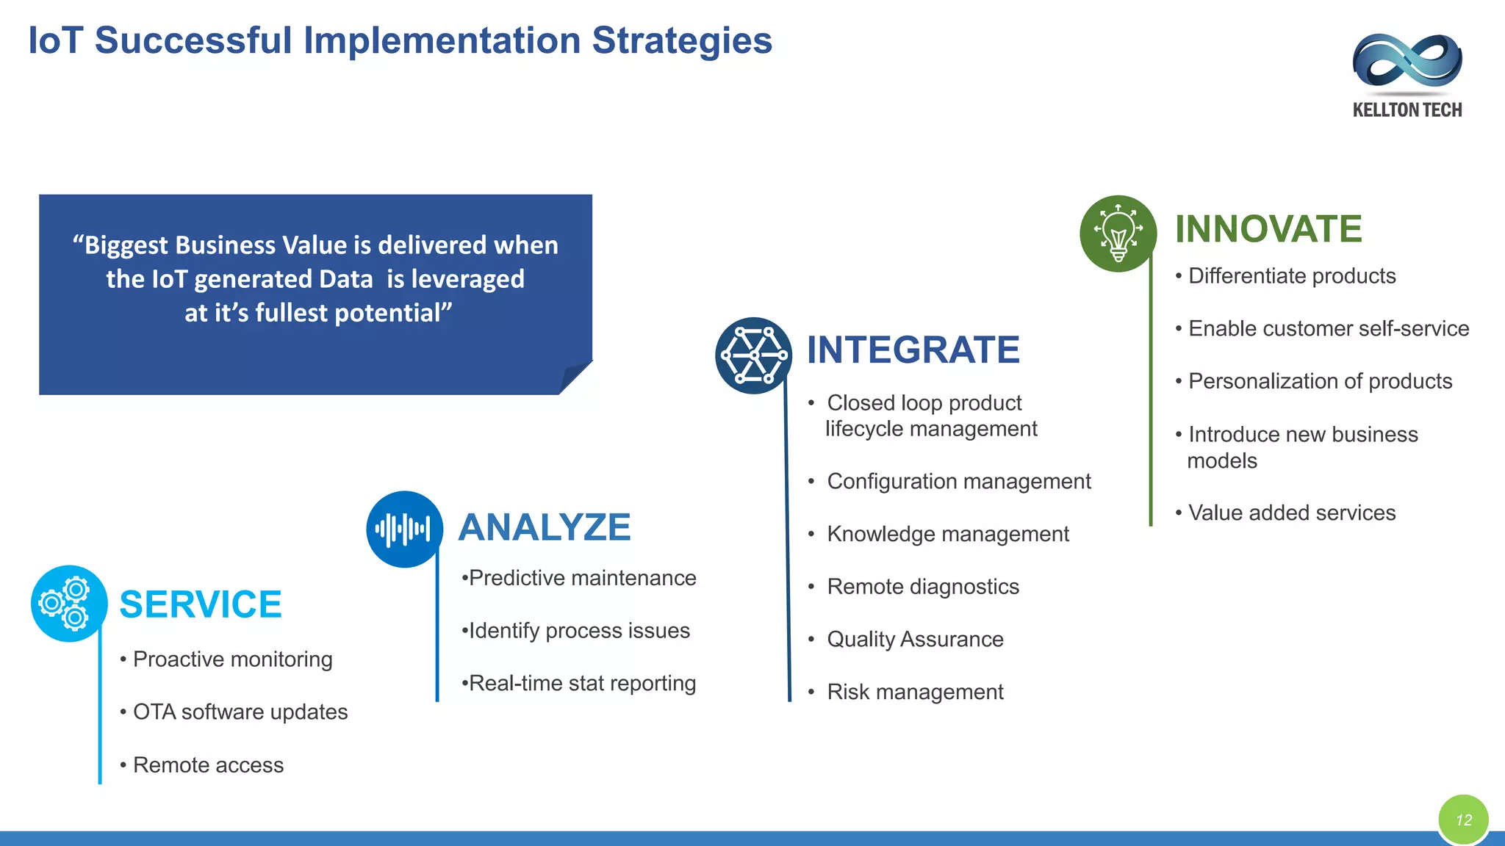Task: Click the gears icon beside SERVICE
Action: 69,603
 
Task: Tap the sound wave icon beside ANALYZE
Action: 404,529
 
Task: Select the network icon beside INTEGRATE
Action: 753,355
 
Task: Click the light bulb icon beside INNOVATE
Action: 1118,234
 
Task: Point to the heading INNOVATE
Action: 1268,228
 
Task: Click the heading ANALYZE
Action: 545,527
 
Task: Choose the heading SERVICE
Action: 200,604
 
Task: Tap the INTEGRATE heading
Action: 913,350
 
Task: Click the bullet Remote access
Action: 208,765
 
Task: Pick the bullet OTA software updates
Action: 240,712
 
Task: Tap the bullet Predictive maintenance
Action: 582,578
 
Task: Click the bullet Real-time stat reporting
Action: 582,683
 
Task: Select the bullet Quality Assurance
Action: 915,639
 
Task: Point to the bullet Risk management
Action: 915,692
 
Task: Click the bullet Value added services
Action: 1291,513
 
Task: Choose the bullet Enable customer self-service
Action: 1328,328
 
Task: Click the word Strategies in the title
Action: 682,40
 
